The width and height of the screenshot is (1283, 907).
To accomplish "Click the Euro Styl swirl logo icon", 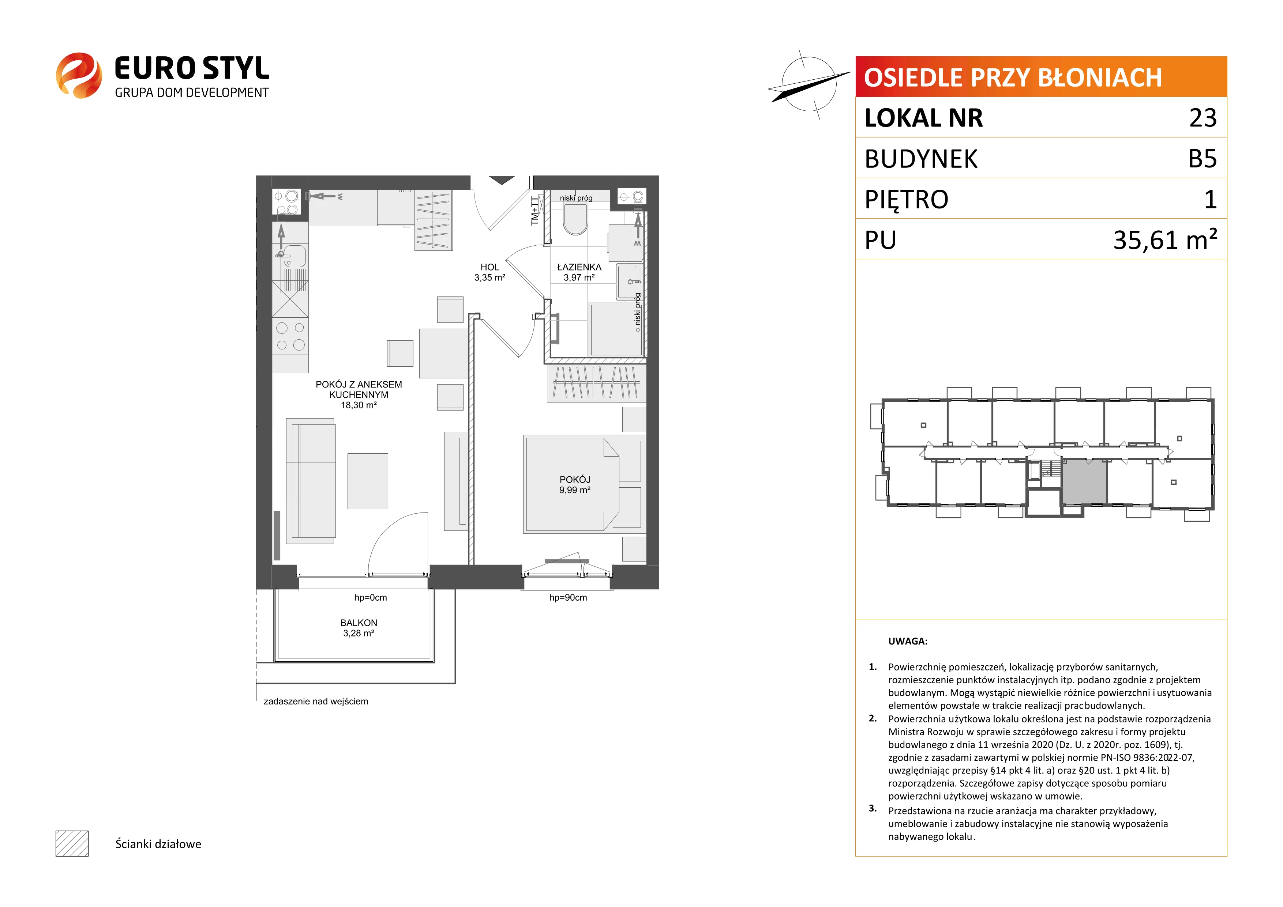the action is pyautogui.click(x=79, y=75).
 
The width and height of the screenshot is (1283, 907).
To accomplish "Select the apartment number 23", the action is pyautogui.click(x=1203, y=118).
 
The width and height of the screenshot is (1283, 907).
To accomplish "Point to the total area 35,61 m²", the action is pyautogui.click(x=1165, y=239).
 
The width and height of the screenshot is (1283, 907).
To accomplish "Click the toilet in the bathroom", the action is pyautogui.click(x=575, y=218).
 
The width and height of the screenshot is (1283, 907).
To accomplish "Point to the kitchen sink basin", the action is pyautogui.click(x=294, y=256).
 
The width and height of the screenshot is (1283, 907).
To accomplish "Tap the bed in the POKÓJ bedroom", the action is pyautogui.click(x=582, y=484).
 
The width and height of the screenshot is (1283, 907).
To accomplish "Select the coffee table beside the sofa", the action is pyautogui.click(x=368, y=481).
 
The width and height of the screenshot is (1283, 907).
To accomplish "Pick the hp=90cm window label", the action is pyautogui.click(x=568, y=598).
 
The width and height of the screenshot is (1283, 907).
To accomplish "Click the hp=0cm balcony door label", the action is pyautogui.click(x=371, y=598).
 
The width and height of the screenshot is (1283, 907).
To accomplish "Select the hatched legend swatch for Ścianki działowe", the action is pyautogui.click(x=72, y=843).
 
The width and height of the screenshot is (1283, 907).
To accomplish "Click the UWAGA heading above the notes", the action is pyautogui.click(x=908, y=641).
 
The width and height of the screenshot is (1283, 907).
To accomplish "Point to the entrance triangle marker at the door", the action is pyautogui.click(x=501, y=180).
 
